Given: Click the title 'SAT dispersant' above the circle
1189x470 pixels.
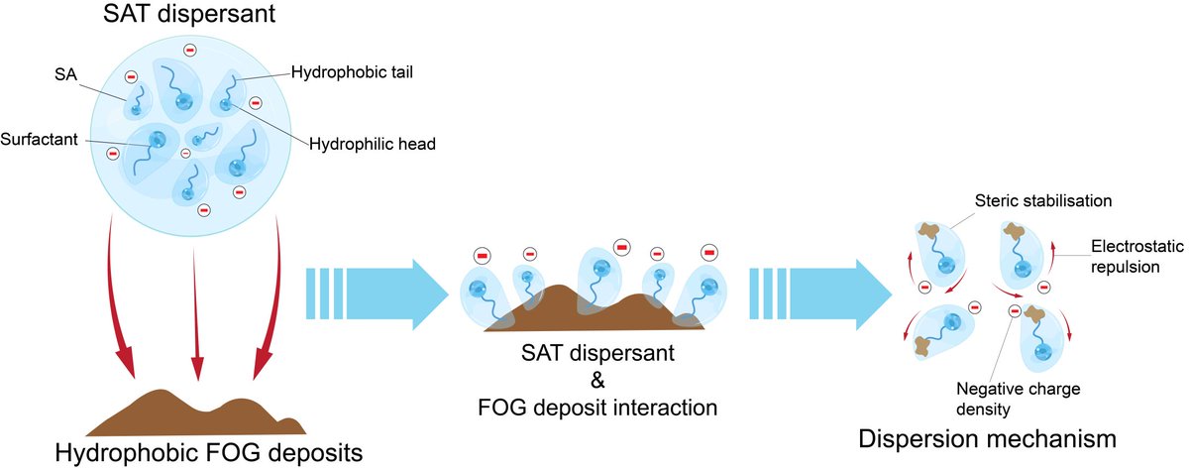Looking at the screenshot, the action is pos(189,13).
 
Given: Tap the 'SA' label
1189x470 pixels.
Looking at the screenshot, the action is pos(65,74).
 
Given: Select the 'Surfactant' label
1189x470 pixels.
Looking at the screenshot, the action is pos(39,139).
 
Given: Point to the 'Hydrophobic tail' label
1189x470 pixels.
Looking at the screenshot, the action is pos(352,72).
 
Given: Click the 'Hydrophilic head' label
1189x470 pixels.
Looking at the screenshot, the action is pos(373,144).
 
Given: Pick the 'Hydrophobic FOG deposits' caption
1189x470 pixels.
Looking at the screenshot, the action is pos(209,453).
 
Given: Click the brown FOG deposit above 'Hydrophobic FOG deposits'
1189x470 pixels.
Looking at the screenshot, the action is pos(195,414).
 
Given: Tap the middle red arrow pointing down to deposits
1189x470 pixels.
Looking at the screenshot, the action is pos(196,314).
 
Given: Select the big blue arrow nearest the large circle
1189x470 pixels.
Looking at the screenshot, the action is pos(378,294).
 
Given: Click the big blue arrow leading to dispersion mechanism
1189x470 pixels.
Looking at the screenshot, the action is pos(820,294).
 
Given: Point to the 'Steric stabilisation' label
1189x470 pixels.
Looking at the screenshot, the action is pos(1043,200).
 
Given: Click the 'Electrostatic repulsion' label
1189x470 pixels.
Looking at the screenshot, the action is pos(1137,257).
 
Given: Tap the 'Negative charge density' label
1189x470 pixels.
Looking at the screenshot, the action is pos(1019,399).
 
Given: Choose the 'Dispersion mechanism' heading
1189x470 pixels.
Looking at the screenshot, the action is pos(987,439).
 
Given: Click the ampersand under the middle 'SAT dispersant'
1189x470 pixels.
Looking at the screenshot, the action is pos(597,380).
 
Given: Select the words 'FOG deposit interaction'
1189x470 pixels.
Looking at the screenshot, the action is pos(597,408).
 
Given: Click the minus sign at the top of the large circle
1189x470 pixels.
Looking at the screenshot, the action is pos(190,50).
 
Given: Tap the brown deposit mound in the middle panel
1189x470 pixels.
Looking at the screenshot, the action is pos(594,310).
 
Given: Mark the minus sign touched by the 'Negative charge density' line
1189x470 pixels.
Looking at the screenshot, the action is pos(1015,310).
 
